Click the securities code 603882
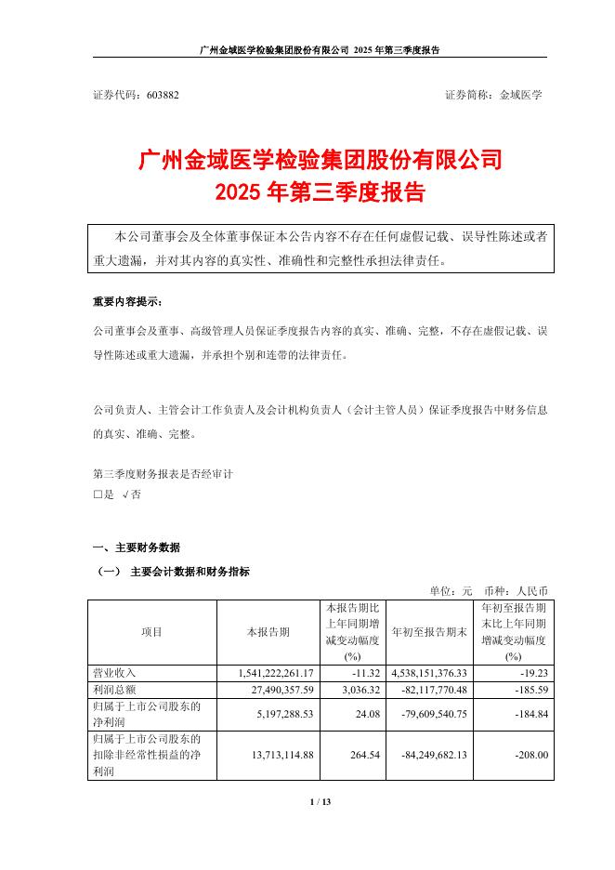(162, 95)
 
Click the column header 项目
(151, 632)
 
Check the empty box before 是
(98, 495)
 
